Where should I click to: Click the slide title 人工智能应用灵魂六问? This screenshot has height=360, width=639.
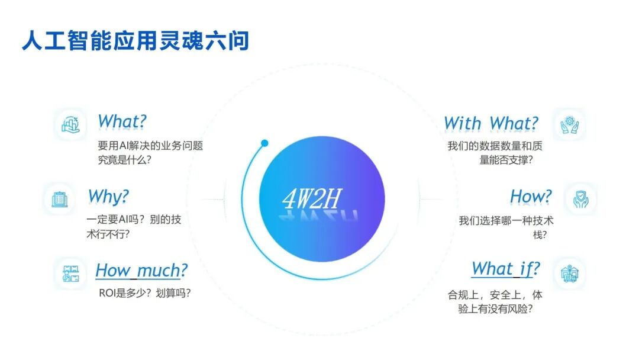(x=135, y=41)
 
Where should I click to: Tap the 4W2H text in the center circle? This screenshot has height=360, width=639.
(x=312, y=198)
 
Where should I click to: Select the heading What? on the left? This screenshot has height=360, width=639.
(x=122, y=121)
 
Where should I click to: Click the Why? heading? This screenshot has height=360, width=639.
(x=108, y=197)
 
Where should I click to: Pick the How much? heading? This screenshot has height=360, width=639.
(x=141, y=271)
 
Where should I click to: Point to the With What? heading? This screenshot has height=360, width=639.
(x=491, y=123)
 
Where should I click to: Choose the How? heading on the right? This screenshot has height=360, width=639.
(x=531, y=197)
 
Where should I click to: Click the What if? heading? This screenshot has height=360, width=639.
(x=506, y=269)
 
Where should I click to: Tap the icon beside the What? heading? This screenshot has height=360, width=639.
(x=70, y=124)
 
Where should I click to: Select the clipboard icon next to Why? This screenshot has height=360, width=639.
(x=60, y=200)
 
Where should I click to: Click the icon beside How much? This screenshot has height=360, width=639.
(x=70, y=274)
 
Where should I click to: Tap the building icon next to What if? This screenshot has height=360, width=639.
(x=569, y=274)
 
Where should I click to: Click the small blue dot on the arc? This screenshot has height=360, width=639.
(x=264, y=143)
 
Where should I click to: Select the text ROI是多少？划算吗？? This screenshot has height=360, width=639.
(x=145, y=293)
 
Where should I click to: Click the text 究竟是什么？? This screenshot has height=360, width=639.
(x=124, y=160)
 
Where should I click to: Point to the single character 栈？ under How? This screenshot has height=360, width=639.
(x=540, y=235)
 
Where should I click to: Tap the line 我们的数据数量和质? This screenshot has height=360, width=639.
(x=495, y=146)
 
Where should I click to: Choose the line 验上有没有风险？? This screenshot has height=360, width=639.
(x=495, y=309)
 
